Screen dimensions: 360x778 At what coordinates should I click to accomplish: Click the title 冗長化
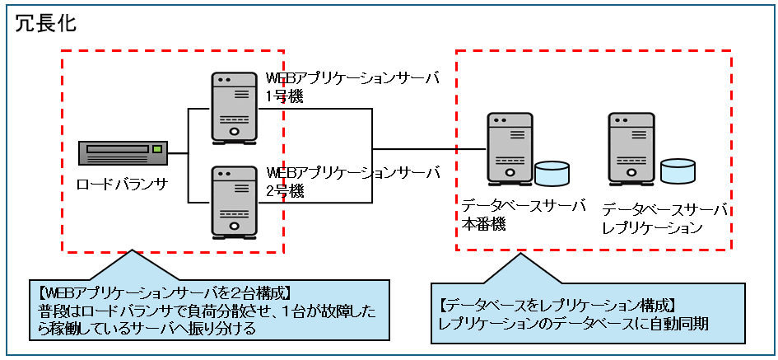(46, 23)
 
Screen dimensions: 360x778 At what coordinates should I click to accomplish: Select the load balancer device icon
(123, 152)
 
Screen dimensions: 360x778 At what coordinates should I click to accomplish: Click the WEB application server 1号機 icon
(235, 108)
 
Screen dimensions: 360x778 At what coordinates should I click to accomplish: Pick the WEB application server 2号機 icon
(235, 202)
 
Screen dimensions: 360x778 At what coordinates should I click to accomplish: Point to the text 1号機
(284, 96)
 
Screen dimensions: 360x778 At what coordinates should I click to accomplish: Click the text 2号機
(284, 190)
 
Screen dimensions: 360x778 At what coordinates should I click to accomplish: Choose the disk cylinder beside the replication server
(677, 171)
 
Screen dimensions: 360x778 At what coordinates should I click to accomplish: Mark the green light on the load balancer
(157, 149)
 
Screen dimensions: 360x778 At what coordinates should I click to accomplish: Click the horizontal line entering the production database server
(428, 149)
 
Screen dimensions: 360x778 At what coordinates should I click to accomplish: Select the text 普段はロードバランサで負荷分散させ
(140, 310)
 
